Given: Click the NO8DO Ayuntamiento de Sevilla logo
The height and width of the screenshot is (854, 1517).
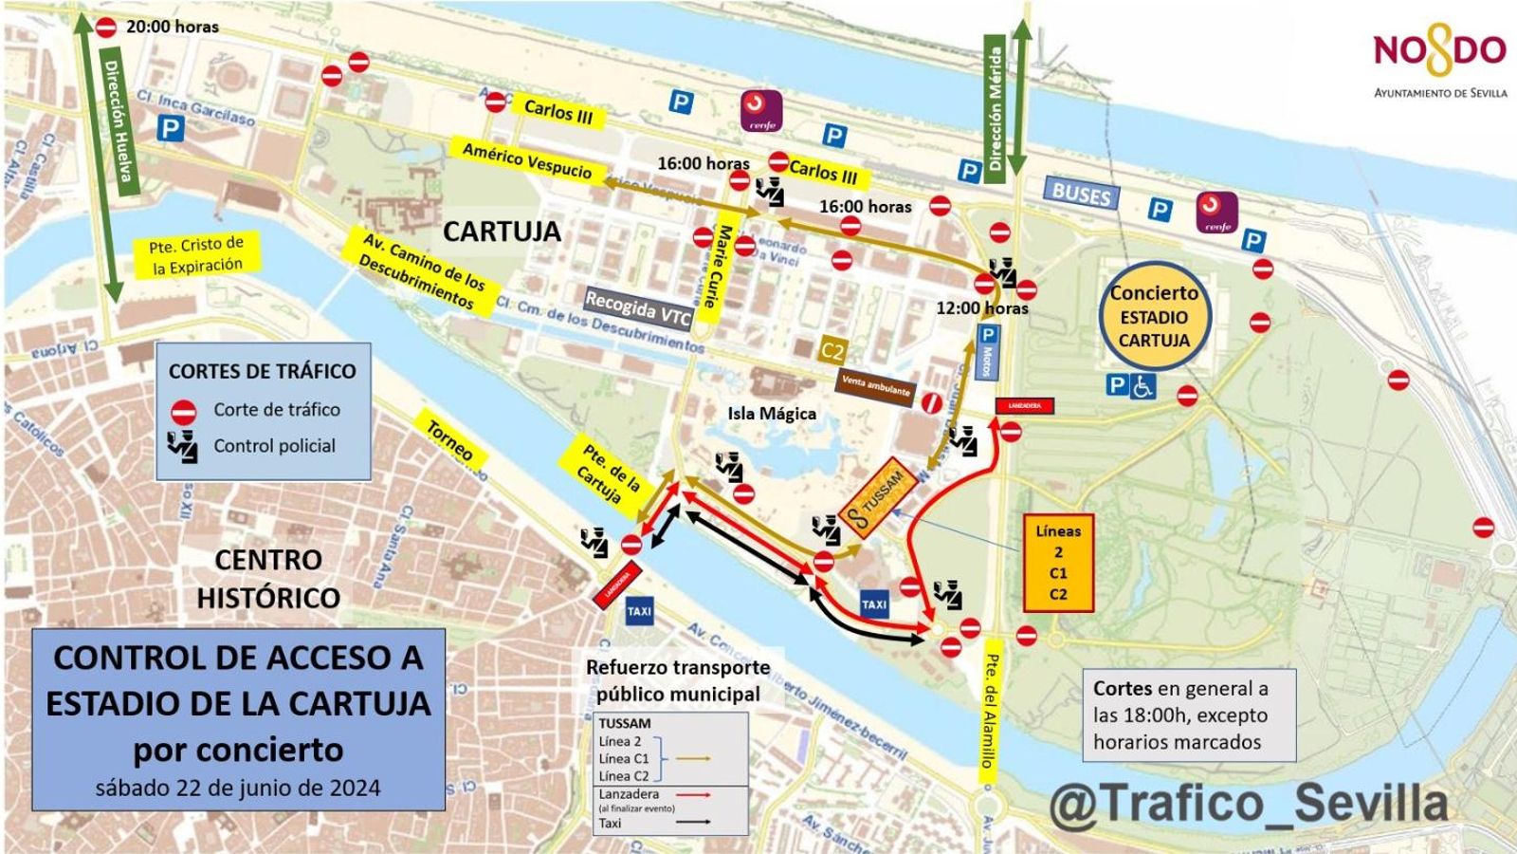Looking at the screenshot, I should (x=1439, y=63).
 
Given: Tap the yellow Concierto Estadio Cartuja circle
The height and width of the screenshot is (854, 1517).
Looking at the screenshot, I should (x=1154, y=317).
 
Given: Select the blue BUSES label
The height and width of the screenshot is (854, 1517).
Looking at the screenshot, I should (x=1081, y=195).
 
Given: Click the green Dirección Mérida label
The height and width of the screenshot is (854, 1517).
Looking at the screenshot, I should (x=995, y=109).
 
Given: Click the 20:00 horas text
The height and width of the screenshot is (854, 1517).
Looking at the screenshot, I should (x=172, y=28).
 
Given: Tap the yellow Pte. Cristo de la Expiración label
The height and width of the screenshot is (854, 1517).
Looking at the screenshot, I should (x=196, y=256).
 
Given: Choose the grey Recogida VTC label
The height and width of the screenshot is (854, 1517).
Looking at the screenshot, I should (x=637, y=306).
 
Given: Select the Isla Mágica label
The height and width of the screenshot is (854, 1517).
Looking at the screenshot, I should (x=772, y=414).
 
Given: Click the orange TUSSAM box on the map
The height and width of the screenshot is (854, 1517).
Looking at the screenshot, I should (x=875, y=498).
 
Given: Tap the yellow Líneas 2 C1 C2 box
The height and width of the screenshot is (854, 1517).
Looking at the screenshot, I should (x=1058, y=563).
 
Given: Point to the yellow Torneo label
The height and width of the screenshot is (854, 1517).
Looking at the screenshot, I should (x=449, y=440).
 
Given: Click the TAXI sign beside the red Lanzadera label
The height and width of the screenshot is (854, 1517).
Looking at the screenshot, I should (x=639, y=611).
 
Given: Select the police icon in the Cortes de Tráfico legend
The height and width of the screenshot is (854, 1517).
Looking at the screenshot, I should (x=182, y=446).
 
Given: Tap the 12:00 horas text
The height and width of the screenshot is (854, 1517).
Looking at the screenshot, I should (x=981, y=308).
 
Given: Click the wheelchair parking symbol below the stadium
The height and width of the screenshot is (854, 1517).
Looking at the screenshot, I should (x=1142, y=385).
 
